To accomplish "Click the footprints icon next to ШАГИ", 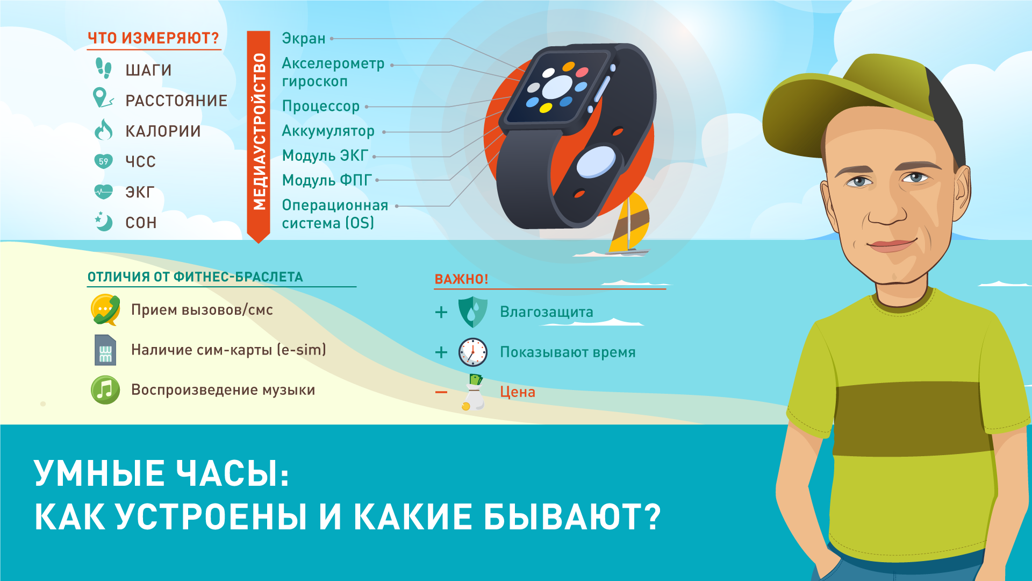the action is tap(103, 68).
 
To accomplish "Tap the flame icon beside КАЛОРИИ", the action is tap(103, 130).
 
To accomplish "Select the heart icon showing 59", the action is tap(103, 161).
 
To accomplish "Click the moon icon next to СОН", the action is tap(103, 222).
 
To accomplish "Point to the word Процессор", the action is tap(321, 106).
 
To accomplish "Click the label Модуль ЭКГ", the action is tap(325, 155).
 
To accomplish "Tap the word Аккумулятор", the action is tap(328, 131).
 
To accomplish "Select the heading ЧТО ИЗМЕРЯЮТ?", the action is tap(153, 38).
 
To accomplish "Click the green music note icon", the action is tap(105, 390).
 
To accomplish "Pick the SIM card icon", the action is tap(105, 350).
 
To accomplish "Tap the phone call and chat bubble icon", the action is tap(105, 310).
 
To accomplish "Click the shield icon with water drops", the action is tap(472, 312).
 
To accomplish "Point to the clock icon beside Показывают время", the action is tap(473, 352).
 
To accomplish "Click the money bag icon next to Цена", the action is tap(473, 393).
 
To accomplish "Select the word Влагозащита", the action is tap(547, 312).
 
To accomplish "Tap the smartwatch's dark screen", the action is tap(557, 87).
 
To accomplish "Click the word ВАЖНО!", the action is tap(461, 279).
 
